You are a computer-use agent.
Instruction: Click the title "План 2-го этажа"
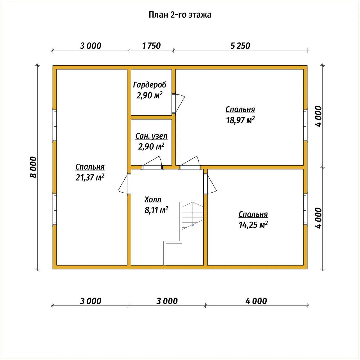180,15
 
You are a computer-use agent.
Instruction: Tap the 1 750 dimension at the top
151,46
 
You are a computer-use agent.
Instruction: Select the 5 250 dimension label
240,46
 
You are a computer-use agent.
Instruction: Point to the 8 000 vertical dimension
33,167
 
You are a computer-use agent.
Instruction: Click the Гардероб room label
150,85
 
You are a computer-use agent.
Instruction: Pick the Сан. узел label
151,136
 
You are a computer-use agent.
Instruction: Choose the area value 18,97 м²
240,120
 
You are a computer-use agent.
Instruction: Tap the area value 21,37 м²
90,177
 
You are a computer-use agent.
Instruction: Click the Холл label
153,199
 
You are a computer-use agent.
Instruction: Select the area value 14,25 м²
253,225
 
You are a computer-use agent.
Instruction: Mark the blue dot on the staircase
193,225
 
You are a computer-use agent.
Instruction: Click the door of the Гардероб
178,103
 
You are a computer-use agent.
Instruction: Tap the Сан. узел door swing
152,163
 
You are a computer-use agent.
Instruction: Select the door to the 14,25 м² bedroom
210,184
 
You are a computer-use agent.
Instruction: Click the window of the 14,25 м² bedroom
305,209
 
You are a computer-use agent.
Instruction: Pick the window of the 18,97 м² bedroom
305,125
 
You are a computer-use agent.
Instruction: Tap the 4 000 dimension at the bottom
256,301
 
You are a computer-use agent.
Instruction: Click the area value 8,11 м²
156,210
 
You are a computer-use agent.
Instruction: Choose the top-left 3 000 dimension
91,46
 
